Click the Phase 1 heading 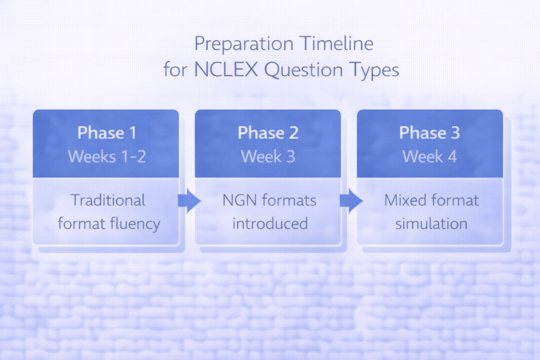(107, 133)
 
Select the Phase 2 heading (268, 133)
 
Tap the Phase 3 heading (429, 133)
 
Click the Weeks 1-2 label (107, 157)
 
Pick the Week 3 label (268, 157)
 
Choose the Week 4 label (429, 157)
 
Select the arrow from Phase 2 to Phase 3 (351, 201)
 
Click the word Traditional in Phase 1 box (108, 200)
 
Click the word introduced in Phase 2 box (270, 223)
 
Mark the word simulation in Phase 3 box (431, 223)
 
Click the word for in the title (176, 70)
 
